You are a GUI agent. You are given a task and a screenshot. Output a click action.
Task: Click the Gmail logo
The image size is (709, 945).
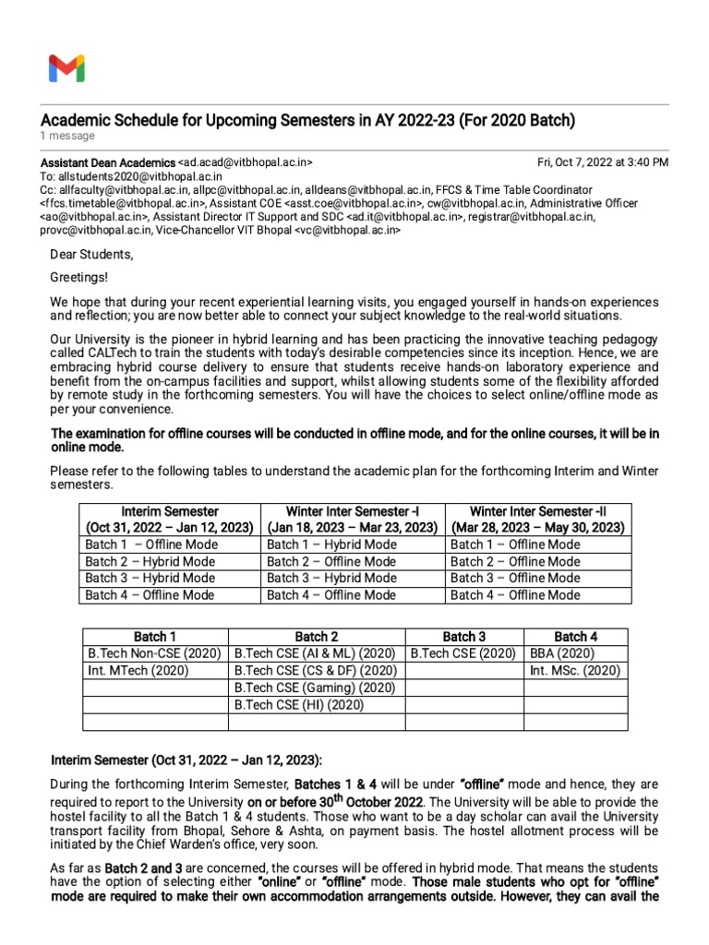[x=66, y=68]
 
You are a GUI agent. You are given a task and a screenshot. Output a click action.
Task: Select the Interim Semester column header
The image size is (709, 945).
[x=169, y=519]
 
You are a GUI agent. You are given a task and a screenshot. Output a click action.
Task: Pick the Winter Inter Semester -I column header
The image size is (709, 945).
[x=352, y=519]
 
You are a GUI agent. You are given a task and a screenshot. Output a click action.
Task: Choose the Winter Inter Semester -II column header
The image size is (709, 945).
[x=537, y=519]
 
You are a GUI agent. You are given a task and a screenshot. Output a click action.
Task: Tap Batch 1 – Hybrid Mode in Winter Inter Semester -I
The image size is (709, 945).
[x=331, y=544]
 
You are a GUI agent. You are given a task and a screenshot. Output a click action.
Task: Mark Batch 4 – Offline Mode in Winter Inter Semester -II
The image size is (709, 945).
[x=515, y=595]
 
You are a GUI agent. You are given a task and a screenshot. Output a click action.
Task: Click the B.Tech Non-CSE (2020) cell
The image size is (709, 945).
[x=154, y=653]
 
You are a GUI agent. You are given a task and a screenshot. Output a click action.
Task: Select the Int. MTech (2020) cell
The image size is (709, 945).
[x=138, y=670]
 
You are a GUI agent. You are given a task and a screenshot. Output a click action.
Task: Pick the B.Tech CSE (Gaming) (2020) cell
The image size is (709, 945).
[x=315, y=688]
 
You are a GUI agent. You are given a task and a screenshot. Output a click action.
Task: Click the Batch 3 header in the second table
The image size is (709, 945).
[x=463, y=636]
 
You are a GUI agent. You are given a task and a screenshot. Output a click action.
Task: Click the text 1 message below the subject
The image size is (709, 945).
[x=67, y=136]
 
